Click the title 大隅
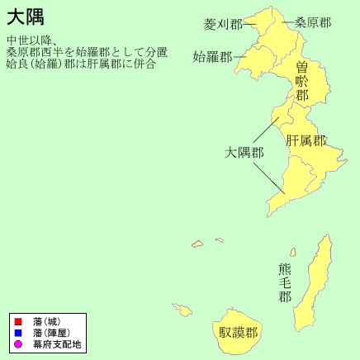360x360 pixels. point(25,17)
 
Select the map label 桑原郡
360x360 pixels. point(313,22)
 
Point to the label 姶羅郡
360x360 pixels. point(211,57)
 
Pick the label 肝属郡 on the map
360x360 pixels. point(306,140)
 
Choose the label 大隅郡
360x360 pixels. point(244,153)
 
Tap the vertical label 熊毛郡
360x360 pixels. point(285,282)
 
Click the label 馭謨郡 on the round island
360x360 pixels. point(238,333)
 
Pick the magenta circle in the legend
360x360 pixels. point(17,343)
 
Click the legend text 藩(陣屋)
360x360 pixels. point(51,332)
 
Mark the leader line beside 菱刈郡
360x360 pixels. point(248,25)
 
